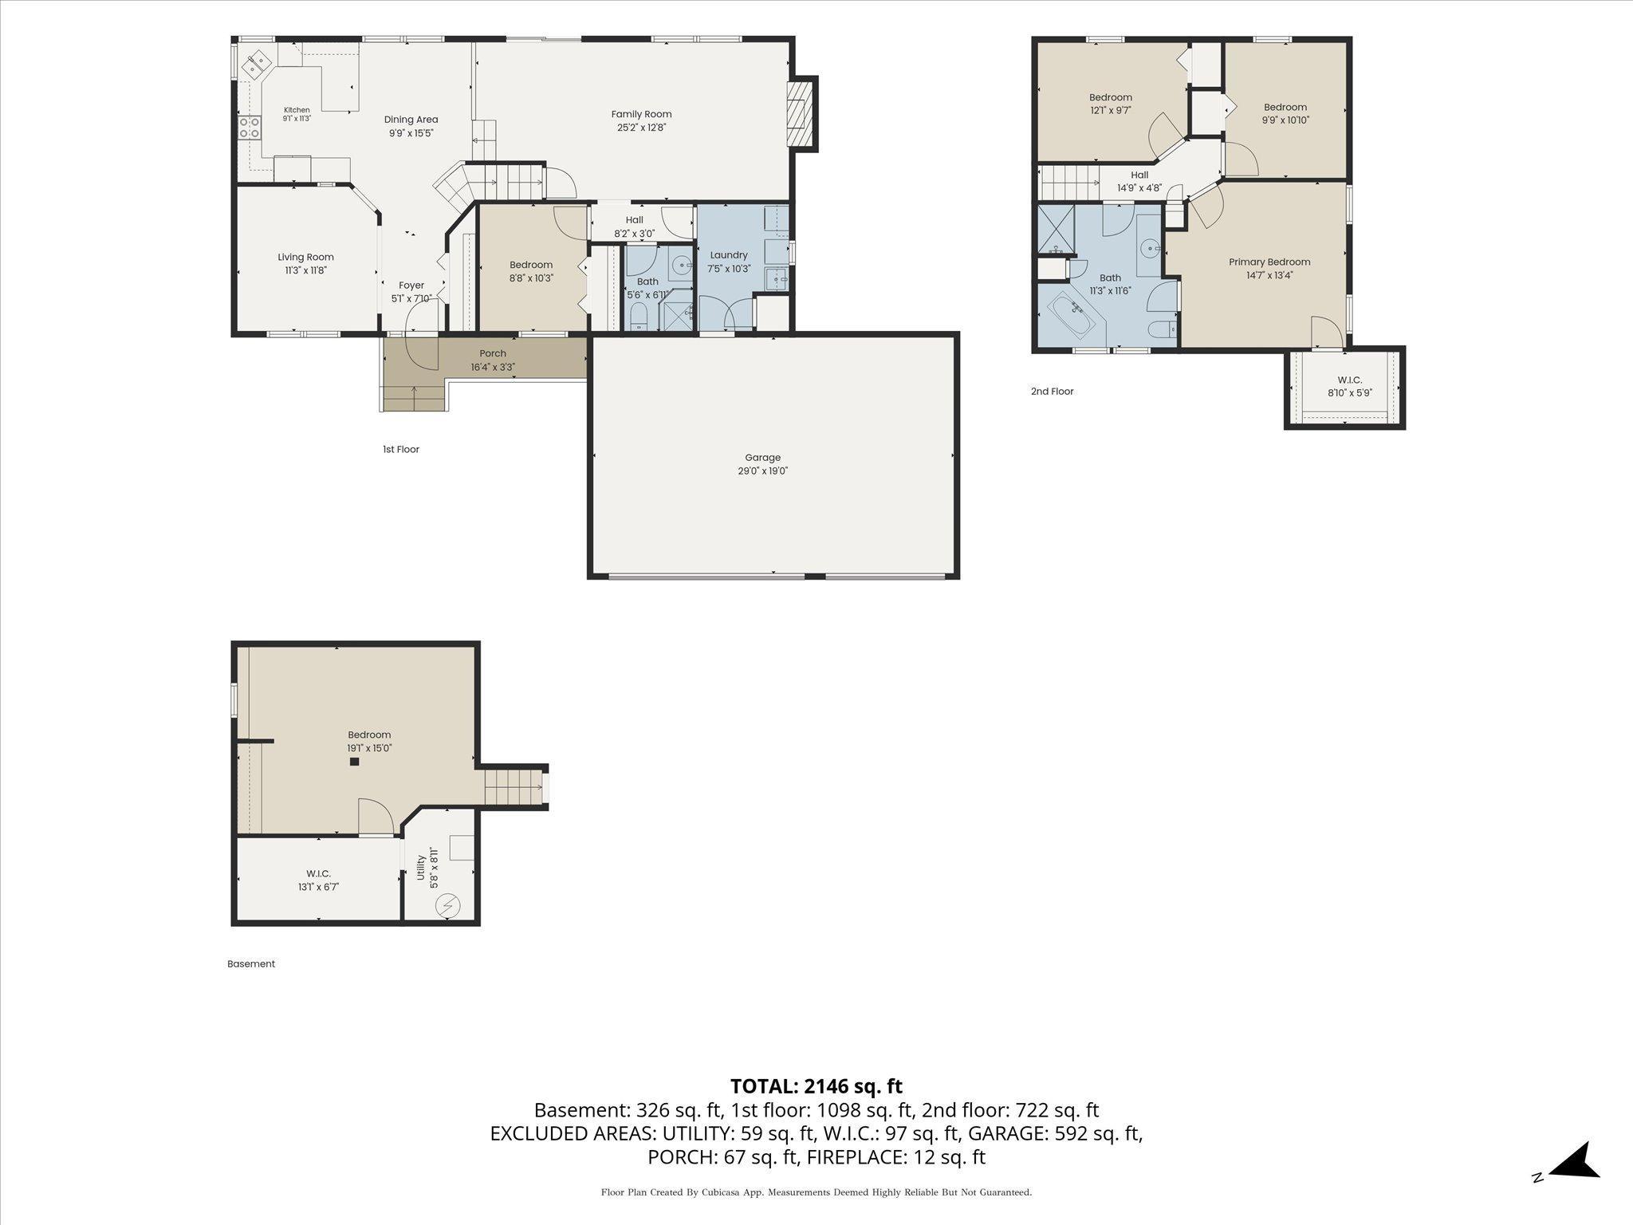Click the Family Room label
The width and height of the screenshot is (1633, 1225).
(641, 114)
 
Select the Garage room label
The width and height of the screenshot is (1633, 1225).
(762, 458)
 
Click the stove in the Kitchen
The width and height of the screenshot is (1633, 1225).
(250, 127)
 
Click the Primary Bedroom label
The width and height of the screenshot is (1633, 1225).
(1269, 262)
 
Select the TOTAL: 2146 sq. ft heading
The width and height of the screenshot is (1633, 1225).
(816, 1085)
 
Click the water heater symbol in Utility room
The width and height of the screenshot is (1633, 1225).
(447, 906)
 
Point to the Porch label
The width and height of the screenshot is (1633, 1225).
(493, 353)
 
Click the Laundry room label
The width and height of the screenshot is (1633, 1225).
(729, 255)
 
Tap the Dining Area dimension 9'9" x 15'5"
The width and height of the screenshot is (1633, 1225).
(411, 133)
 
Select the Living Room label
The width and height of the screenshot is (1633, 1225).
(305, 257)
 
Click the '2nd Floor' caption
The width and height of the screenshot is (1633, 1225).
(1053, 392)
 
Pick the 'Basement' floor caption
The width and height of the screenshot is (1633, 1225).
(251, 963)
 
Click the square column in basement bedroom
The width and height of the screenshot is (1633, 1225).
(355, 762)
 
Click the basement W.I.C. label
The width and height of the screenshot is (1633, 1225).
(318, 873)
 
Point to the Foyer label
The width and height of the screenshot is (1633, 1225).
(411, 285)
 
